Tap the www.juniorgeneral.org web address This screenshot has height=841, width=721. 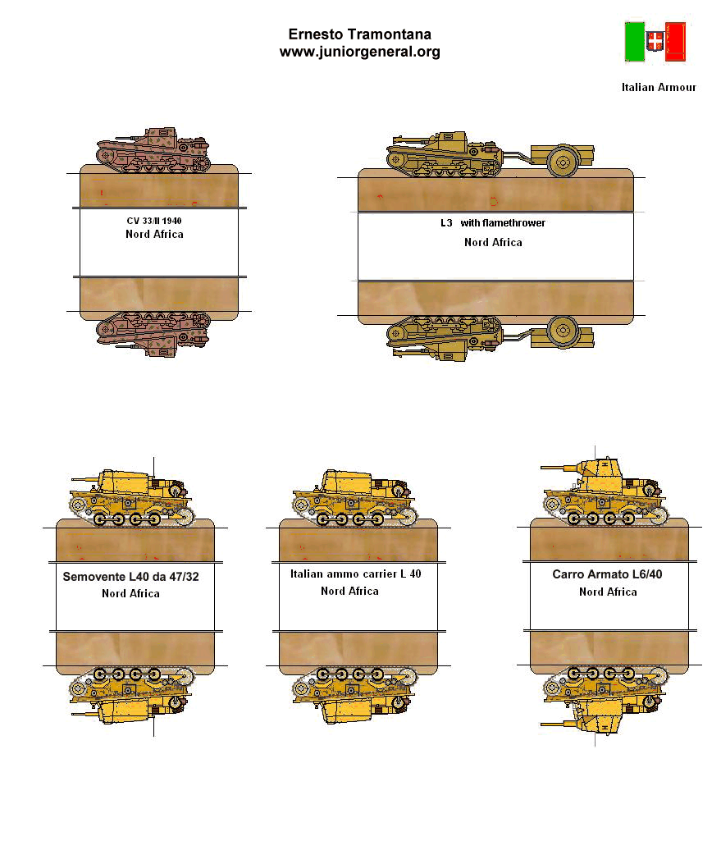360,52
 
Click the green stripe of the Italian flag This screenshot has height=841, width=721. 635,42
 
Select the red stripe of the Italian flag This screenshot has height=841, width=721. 675,42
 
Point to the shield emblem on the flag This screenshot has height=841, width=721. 655,41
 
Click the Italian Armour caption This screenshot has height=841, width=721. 659,88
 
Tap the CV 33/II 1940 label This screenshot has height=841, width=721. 154,221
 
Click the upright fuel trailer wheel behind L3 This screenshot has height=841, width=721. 563,161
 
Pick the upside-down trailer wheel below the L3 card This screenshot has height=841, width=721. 563,331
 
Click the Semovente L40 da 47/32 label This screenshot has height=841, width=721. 130,577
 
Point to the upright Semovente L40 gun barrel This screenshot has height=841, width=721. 86,479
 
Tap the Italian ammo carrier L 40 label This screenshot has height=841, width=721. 355,574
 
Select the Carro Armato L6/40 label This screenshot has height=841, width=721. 607,574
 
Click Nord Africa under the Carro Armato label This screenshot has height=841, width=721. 608,592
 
